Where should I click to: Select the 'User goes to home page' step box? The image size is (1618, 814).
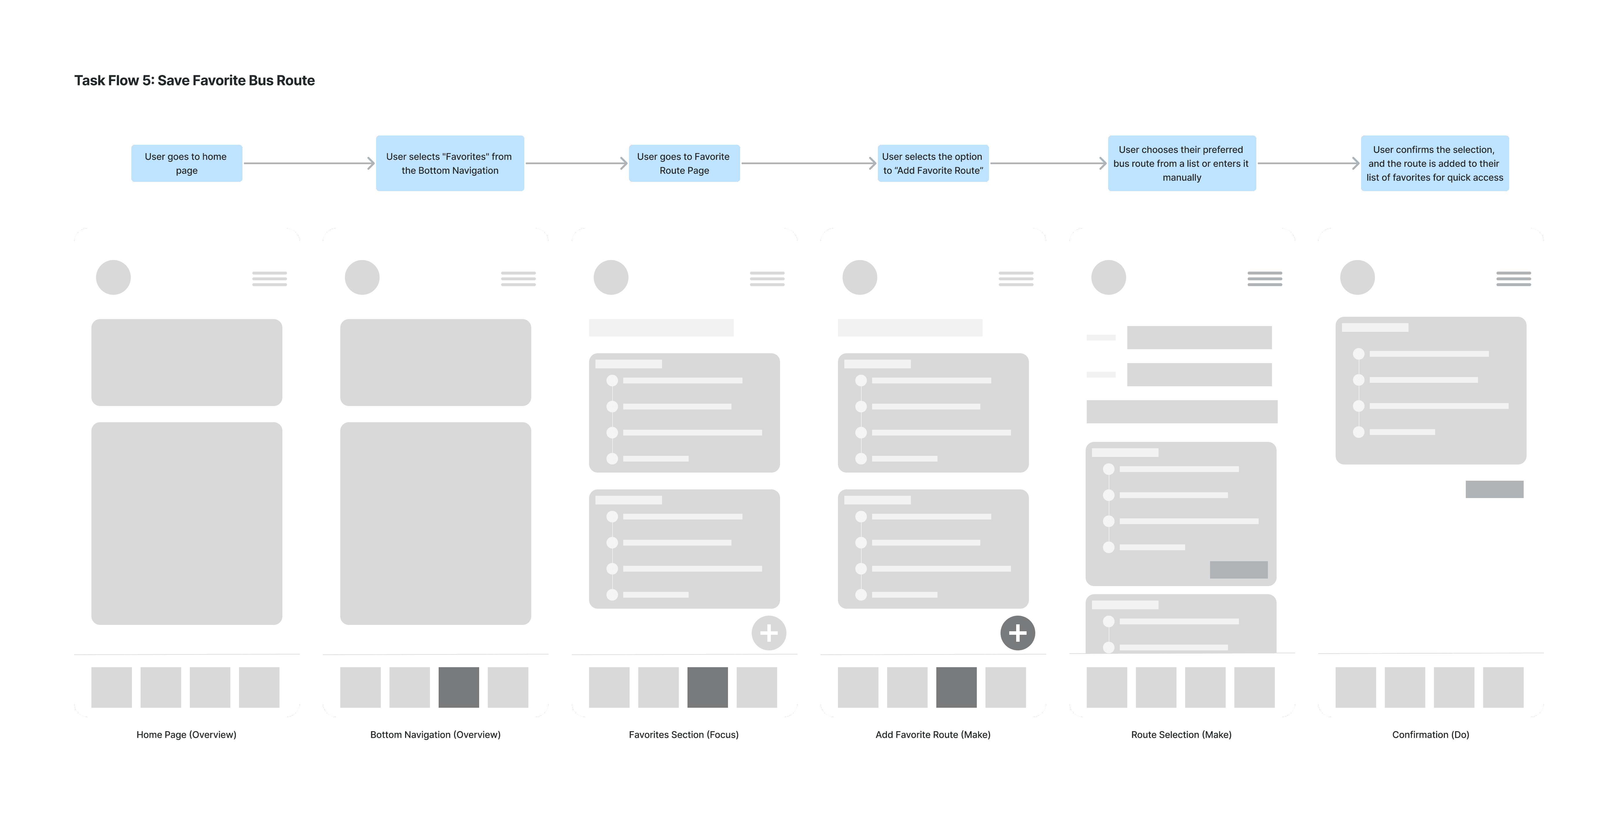coord(187,163)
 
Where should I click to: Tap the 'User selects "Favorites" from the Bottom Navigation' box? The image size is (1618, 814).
coord(450,163)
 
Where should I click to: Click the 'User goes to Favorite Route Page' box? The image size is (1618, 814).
coord(684,163)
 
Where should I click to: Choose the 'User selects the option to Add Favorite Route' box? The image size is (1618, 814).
coord(933,163)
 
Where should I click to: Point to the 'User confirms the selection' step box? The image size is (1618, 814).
coord(1435,163)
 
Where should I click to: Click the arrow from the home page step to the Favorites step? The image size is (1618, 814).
coord(309,163)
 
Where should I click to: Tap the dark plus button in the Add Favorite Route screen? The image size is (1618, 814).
coord(1018,633)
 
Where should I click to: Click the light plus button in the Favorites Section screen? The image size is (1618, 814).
coord(769,633)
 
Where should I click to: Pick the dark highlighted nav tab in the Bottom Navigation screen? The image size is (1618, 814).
coord(459,687)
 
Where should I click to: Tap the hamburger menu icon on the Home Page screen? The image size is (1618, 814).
coord(269,279)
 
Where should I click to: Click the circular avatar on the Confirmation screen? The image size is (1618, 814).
coord(1357,277)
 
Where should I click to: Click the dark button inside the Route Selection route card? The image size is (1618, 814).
coord(1239,570)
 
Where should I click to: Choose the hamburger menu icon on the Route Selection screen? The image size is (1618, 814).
coord(1265,279)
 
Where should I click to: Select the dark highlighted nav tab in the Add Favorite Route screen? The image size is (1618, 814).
coord(956,687)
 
